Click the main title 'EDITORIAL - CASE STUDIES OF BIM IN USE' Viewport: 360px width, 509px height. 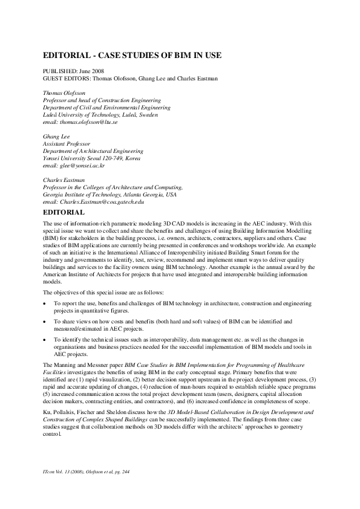[x=133, y=56]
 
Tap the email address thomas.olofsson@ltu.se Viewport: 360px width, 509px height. [x=80, y=122]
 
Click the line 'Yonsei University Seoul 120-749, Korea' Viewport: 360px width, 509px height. [x=92, y=158]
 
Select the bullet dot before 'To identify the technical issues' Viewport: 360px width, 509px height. [x=45, y=341]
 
